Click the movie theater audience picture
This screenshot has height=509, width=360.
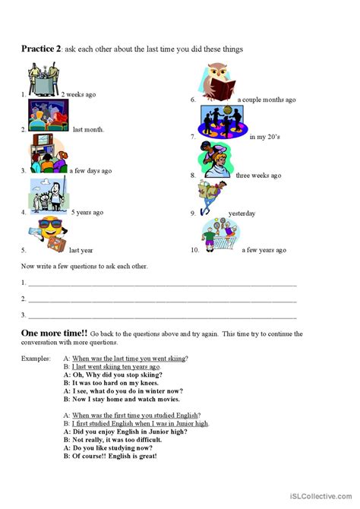pos(48,117)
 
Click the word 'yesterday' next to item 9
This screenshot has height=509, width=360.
pos(241,213)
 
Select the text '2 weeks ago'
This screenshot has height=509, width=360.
pos(78,95)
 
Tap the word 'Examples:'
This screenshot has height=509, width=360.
pos(35,358)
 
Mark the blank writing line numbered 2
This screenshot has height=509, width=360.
pos(159,299)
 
